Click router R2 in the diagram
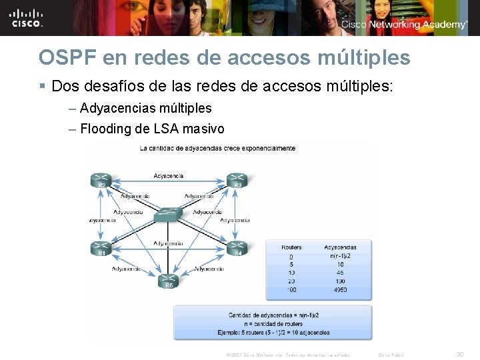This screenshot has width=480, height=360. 101,180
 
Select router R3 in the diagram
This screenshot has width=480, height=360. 237,180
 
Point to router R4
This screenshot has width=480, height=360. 237,249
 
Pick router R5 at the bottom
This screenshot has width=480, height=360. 169,281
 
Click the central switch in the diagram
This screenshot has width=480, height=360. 169,215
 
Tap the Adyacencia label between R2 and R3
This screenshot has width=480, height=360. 169,176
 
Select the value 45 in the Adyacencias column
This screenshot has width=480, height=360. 340,272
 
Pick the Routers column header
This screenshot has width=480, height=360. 291,247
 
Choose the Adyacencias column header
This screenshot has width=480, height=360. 340,247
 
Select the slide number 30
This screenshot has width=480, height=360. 459,355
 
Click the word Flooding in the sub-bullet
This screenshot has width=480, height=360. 106,129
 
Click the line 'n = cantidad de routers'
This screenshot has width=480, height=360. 273,323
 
